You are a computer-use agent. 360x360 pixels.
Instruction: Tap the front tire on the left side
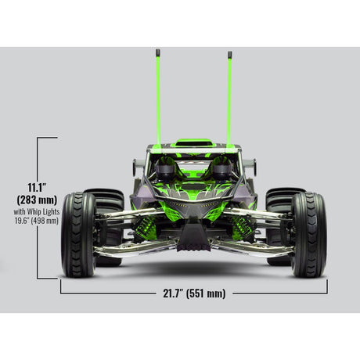click(78, 234)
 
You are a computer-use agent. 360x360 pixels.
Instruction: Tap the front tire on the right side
click(308, 234)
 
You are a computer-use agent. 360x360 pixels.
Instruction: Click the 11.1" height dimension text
click(37, 187)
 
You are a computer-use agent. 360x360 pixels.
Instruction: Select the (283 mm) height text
click(37, 200)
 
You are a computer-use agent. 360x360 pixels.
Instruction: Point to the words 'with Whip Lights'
click(36, 211)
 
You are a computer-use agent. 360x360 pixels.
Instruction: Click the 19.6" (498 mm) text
click(36, 221)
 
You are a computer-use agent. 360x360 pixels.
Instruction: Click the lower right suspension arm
click(254, 249)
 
